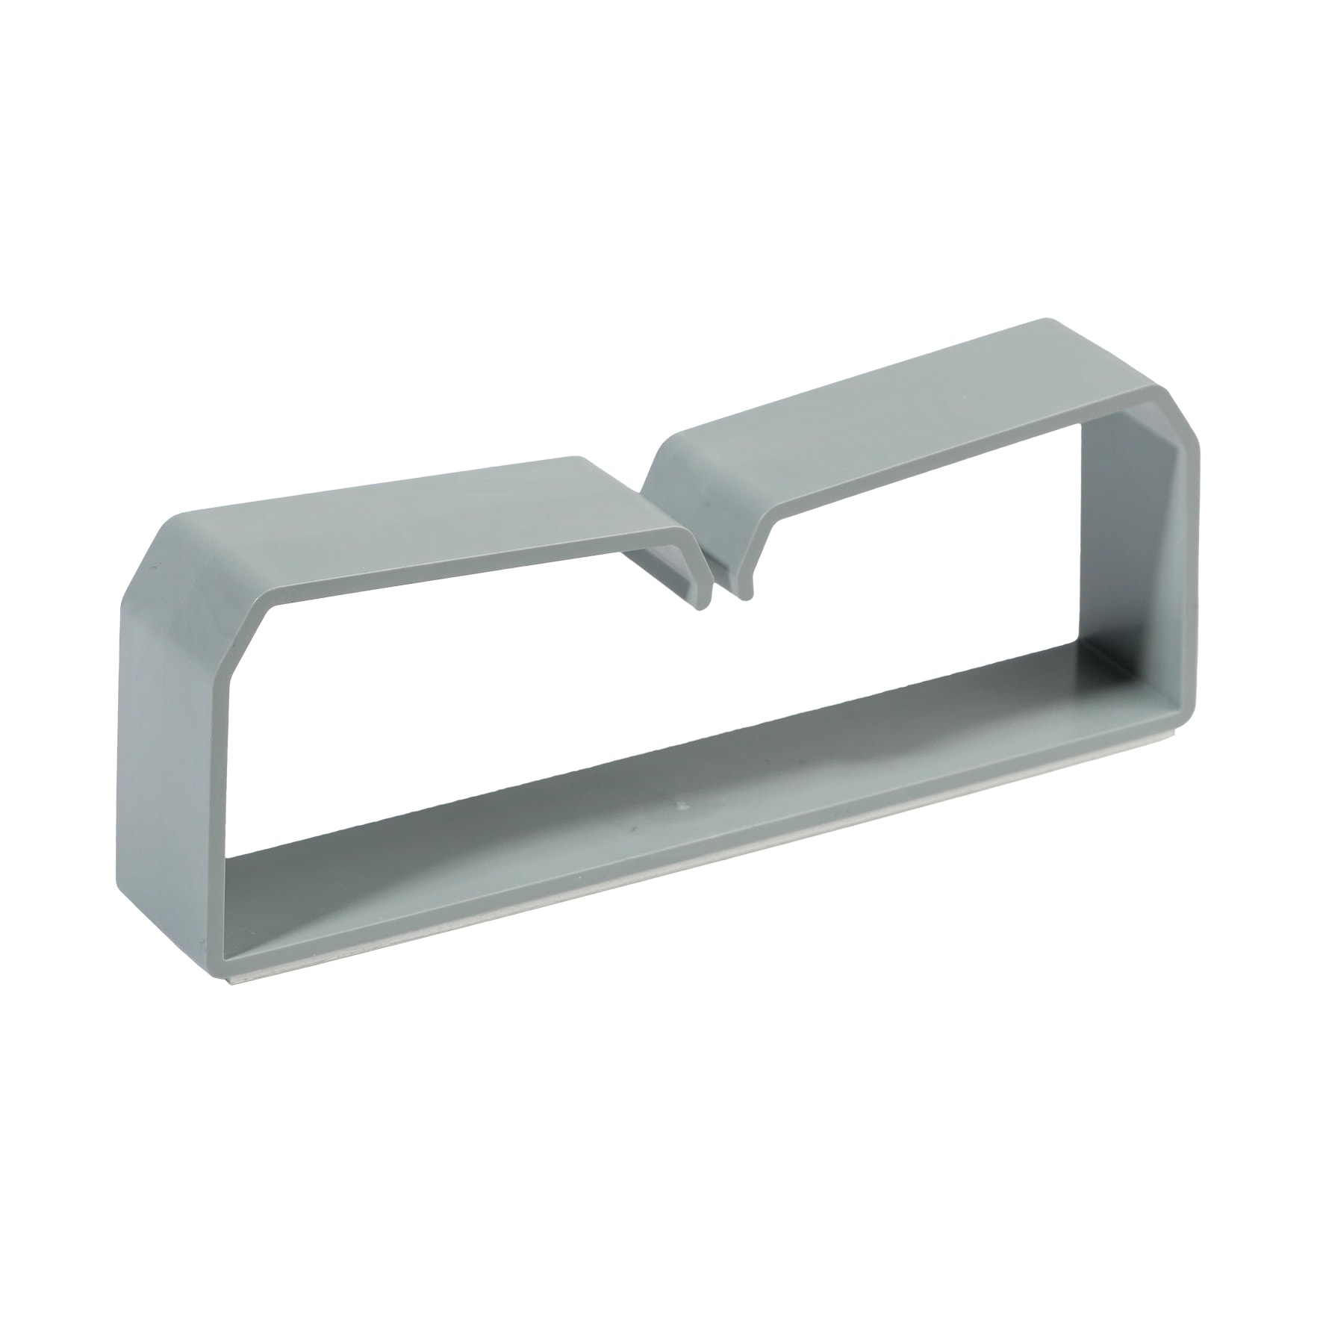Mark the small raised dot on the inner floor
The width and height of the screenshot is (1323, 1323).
682,806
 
